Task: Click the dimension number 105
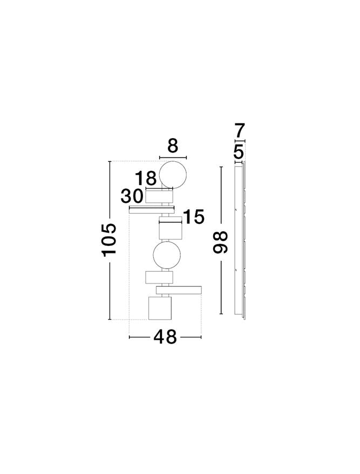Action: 110,239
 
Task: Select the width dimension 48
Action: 165,337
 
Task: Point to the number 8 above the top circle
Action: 173,146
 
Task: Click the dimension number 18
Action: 146,178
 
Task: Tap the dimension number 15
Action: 194,217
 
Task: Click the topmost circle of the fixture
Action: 173,174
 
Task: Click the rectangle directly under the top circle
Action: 159,196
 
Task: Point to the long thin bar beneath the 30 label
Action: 152,209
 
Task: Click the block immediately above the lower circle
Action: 171,231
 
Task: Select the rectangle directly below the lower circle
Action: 159,277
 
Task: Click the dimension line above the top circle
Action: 173,157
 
